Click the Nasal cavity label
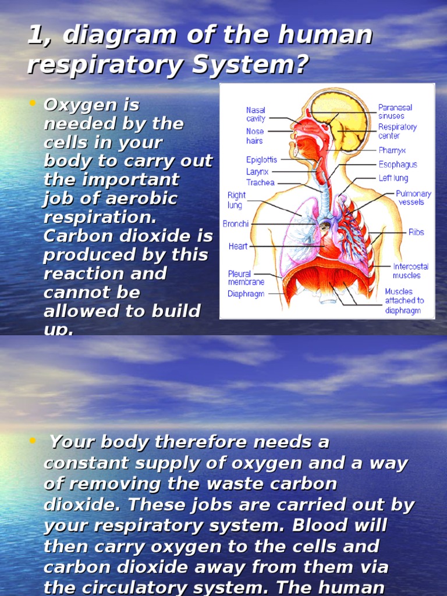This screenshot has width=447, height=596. pos(256,114)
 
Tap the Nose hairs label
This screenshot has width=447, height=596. pos(254,136)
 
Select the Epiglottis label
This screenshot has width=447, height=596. pos(261,159)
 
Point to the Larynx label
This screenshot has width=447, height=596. pos(257,172)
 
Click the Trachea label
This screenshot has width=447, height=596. pos(260,183)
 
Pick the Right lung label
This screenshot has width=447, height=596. pos(236,200)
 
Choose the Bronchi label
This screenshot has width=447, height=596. pos(236,224)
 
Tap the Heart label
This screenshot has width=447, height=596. pos(238,246)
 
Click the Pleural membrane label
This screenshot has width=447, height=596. pos(246,278)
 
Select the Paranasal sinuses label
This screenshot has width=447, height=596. pos(395,112)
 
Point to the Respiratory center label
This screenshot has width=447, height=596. pos(398,131)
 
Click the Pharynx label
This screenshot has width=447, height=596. pos(392,151)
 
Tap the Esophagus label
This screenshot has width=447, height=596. pos(398,165)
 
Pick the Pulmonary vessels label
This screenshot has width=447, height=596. pos(413,198)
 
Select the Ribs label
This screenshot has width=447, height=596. pos(416,232)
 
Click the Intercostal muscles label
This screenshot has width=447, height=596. pos(410,271)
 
